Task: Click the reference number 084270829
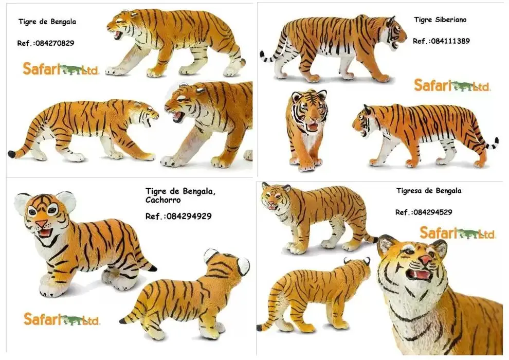click(55, 43)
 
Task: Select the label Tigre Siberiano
click(440, 20)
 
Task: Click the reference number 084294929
click(189, 216)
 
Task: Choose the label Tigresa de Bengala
click(429, 191)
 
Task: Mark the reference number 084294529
click(433, 212)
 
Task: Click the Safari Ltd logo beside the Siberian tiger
click(452, 85)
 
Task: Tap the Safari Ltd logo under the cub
click(62, 319)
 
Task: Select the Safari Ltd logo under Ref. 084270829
click(61, 69)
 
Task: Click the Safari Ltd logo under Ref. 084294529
click(458, 233)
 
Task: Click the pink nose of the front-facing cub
click(41, 223)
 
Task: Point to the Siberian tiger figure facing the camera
click(307, 130)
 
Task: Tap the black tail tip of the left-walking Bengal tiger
click(12, 154)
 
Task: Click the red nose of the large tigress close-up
click(426, 259)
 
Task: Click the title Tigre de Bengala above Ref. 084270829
click(47, 22)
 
